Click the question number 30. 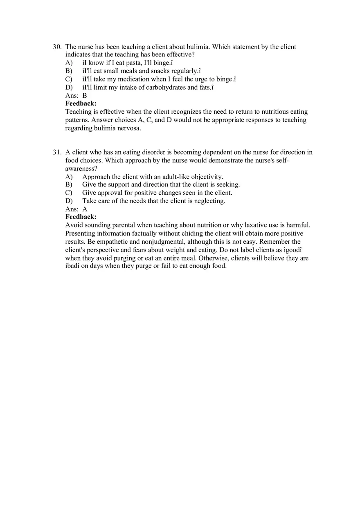pyautogui.click(x=57, y=47)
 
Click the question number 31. pyautogui.click(x=57, y=153)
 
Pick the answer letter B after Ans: pyautogui.click(x=85, y=96)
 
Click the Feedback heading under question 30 pyautogui.click(x=81, y=103)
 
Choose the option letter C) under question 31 pyautogui.click(x=69, y=193)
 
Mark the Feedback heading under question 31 pyautogui.click(x=81, y=217)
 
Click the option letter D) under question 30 pyautogui.click(x=69, y=88)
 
